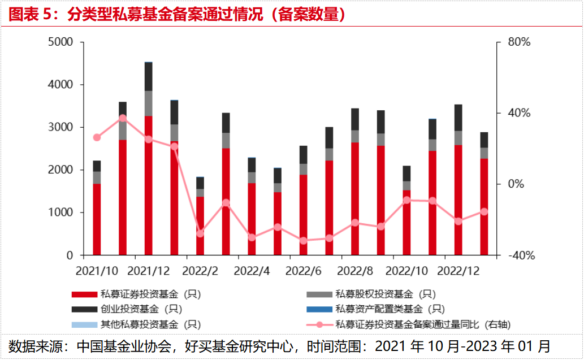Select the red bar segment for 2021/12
149,186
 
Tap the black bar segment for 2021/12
149,76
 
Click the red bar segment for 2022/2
200,226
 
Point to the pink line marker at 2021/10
97,137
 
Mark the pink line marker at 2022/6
304,241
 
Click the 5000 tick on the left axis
62,42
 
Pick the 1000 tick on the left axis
62,212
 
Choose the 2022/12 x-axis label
459,271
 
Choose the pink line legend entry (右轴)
413,324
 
